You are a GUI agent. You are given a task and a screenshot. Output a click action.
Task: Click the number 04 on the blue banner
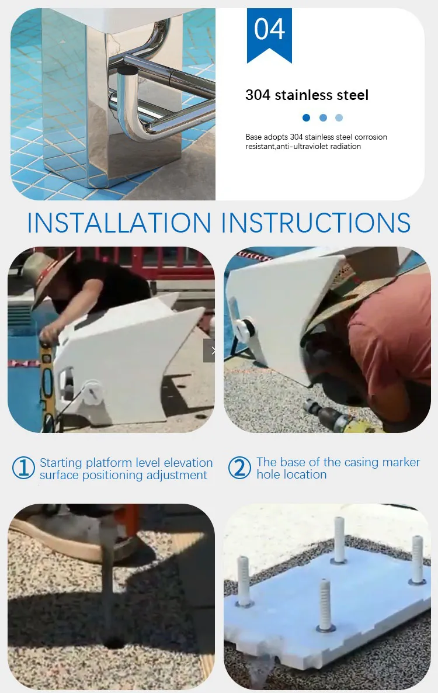pyautogui.click(x=269, y=30)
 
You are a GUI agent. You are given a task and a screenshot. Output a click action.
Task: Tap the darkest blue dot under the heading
pyautogui.click(x=307, y=117)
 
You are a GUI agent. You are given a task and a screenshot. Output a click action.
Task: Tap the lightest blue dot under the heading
pyautogui.click(x=339, y=117)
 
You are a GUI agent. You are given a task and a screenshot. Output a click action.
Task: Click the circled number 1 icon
pyautogui.click(x=23, y=468)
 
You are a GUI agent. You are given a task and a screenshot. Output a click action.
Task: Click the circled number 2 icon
pyautogui.click(x=239, y=468)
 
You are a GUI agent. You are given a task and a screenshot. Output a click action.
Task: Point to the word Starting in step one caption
pyautogui.click(x=61, y=463)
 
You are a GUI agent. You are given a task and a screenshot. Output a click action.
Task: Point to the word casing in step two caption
pyautogui.click(x=359, y=462)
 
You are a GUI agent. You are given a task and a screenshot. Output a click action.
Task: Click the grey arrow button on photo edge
pyautogui.click(x=210, y=351)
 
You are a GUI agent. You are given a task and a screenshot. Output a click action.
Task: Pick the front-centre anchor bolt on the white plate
pyautogui.click(x=325, y=605)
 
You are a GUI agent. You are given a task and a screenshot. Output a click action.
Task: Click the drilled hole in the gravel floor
pyautogui.click(x=113, y=642)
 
